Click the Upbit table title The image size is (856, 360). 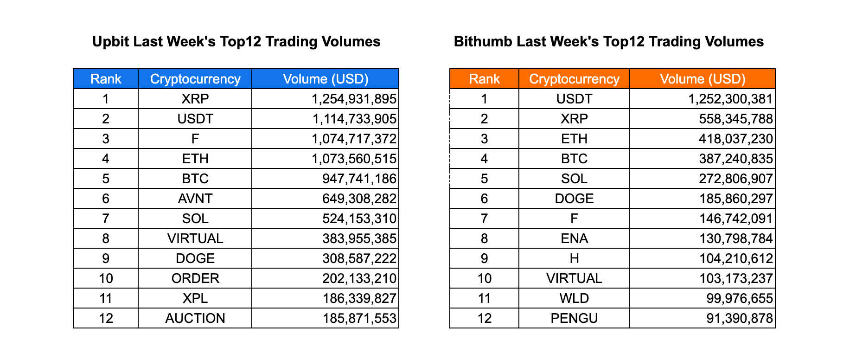point(236,42)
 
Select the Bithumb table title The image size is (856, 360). point(608,42)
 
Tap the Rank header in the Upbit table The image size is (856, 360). point(106,79)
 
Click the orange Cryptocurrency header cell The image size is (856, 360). point(574,79)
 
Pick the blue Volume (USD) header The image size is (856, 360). point(326,79)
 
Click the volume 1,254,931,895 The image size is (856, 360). point(354,99)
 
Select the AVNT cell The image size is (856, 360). point(195,199)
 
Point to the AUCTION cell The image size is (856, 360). point(195,318)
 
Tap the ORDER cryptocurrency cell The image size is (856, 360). point(195,278)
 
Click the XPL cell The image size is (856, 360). point(195,298)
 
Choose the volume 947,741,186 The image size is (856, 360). point(359,179)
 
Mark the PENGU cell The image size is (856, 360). point(574,318)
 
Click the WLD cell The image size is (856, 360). point(574,298)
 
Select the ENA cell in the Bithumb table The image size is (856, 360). point(574,238)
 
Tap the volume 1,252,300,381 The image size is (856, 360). point(730,99)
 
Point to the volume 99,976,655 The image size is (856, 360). point(741,298)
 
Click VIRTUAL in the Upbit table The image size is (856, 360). point(195,238)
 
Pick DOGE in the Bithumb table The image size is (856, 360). point(574,199)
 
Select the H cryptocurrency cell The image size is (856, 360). point(574,258)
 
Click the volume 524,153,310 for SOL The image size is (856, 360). point(359,219)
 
